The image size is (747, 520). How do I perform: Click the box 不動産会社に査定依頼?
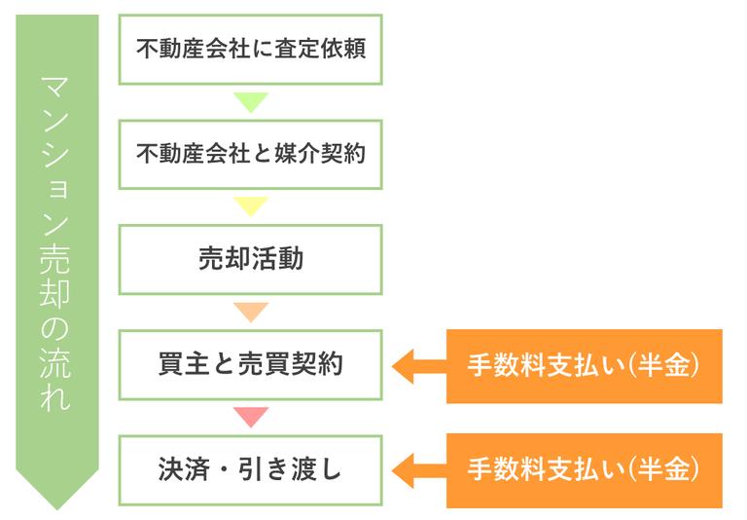(251, 49)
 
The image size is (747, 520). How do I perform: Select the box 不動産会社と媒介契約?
(251, 154)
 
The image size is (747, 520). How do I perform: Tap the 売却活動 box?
(251, 259)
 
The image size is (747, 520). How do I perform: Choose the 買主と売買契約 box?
(251, 365)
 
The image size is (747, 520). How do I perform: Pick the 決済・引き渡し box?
(251, 470)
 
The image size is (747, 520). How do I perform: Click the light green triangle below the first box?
(251, 101)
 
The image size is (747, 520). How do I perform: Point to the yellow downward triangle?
(251, 206)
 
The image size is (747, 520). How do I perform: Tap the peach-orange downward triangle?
(251, 312)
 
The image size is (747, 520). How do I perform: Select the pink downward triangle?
(251, 417)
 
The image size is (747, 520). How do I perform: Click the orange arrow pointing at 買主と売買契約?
(415, 366)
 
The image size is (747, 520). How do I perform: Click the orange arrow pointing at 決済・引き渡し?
(415, 471)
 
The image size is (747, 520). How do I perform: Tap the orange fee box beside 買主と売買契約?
(584, 366)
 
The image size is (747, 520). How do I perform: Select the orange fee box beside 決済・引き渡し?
(584, 471)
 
